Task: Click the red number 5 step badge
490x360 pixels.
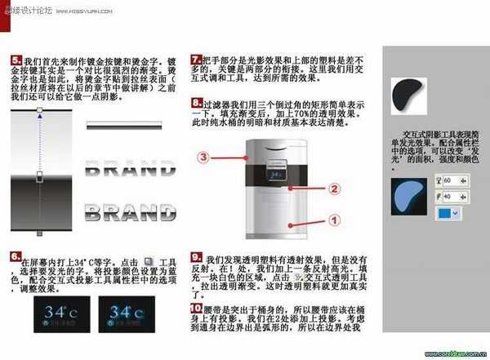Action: point(16,60)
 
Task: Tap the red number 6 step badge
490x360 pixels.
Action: point(16,256)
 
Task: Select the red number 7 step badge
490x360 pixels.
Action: point(196,60)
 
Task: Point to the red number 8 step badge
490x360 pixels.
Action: point(196,104)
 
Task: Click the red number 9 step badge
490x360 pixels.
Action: point(196,256)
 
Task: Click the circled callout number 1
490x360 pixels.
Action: point(334,219)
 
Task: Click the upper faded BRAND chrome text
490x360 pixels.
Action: point(131,171)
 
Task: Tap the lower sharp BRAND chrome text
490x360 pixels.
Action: point(131,213)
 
